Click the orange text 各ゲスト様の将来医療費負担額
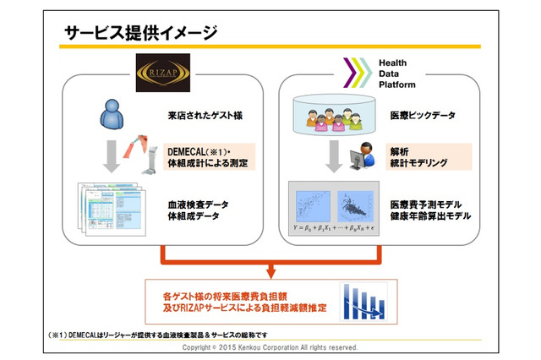pyautogui.click(x=234, y=297)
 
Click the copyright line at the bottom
pyautogui.click(x=270, y=348)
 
